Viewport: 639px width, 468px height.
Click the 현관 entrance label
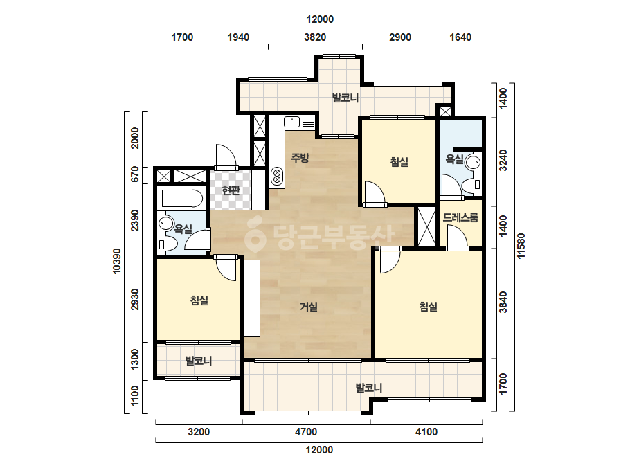pyautogui.click(x=231, y=190)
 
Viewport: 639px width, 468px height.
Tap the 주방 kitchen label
pyautogui.click(x=300, y=158)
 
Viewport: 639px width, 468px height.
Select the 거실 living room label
pyautogui.click(x=309, y=307)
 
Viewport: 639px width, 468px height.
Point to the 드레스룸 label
pyautogui.click(x=460, y=217)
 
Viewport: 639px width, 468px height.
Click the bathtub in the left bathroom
pyautogui.click(x=182, y=199)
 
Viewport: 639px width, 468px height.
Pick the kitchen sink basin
pyautogui.click(x=291, y=121)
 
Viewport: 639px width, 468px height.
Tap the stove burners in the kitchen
pyautogui.click(x=277, y=177)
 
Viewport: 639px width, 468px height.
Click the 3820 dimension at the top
pyautogui.click(x=315, y=37)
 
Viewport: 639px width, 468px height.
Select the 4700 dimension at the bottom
pyautogui.click(x=305, y=432)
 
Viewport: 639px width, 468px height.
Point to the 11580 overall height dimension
pyautogui.click(x=521, y=246)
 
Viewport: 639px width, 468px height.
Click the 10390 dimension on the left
pyautogui.click(x=118, y=261)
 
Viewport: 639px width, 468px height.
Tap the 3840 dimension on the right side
pyautogui.click(x=504, y=302)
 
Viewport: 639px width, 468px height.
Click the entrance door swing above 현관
pyautogui.click(x=226, y=156)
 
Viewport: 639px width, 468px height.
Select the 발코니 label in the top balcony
pyautogui.click(x=345, y=98)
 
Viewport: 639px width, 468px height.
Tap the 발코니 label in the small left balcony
pyautogui.click(x=199, y=361)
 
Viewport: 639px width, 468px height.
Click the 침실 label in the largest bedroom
pyautogui.click(x=429, y=307)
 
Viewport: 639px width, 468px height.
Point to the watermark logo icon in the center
pyautogui.click(x=255, y=235)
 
